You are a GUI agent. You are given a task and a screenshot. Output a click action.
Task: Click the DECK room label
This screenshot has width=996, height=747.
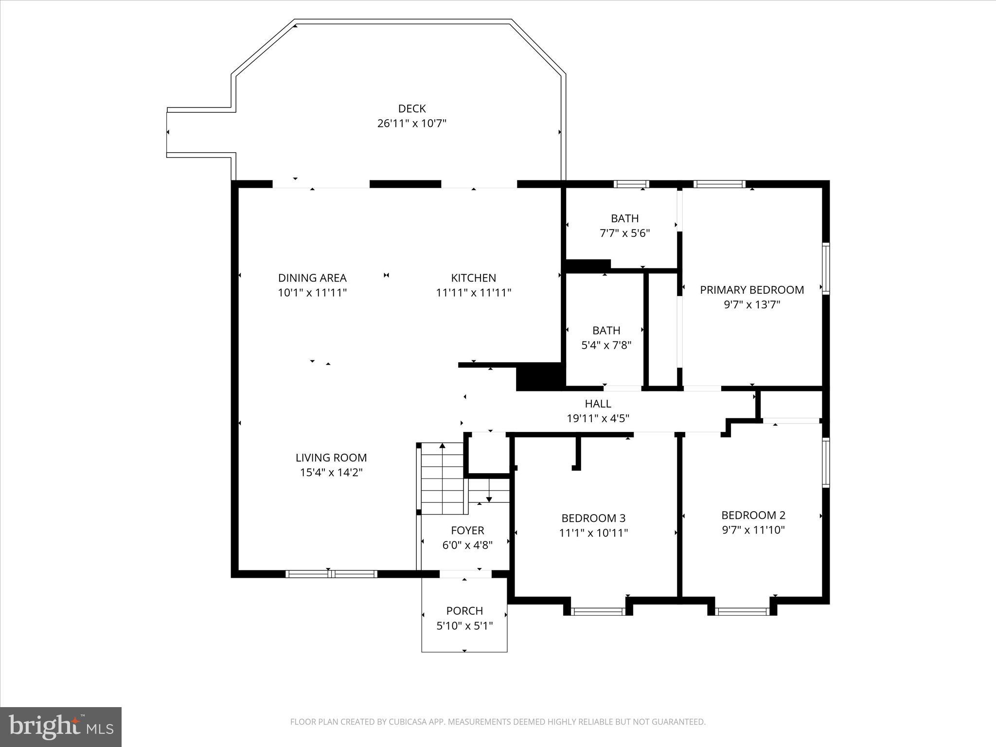pos(412,108)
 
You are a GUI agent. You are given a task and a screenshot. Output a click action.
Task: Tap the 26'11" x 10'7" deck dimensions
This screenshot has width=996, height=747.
pos(412,124)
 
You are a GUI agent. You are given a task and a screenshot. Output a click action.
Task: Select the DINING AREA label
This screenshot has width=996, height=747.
pos(312,278)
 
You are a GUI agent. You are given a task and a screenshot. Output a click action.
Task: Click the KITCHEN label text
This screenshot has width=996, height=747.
pos(473,278)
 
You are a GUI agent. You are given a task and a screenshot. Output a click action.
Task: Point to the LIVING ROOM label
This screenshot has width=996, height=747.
pos(331,458)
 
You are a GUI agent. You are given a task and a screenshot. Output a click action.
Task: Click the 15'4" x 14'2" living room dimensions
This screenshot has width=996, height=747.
pos(331,472)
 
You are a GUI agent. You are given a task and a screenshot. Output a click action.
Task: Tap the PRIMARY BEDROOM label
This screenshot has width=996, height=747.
pos(752,290)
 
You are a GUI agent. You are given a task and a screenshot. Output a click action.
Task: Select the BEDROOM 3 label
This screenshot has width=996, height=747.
pos(593,518)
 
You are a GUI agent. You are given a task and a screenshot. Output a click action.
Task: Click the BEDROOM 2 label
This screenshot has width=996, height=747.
pos(753,515)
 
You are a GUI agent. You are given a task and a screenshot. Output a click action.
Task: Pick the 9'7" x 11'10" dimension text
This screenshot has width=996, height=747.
pos(753,530)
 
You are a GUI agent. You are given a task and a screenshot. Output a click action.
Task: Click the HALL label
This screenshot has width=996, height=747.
pos(598,404)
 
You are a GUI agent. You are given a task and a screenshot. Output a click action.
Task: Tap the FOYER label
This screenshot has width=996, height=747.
pos(467,531)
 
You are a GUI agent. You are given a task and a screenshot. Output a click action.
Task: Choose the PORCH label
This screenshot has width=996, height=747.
pos(464,611)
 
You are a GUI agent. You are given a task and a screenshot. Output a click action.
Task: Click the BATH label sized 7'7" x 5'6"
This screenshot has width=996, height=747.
pos(624,218)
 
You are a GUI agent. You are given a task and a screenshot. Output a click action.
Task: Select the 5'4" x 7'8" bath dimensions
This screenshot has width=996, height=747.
pos(606,345)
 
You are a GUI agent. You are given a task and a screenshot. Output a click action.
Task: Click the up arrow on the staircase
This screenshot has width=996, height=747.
pos(442,446)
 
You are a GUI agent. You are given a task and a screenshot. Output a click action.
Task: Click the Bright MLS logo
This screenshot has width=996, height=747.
pos(61,727)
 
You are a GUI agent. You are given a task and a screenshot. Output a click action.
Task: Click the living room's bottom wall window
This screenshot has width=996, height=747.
pos(331,574)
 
